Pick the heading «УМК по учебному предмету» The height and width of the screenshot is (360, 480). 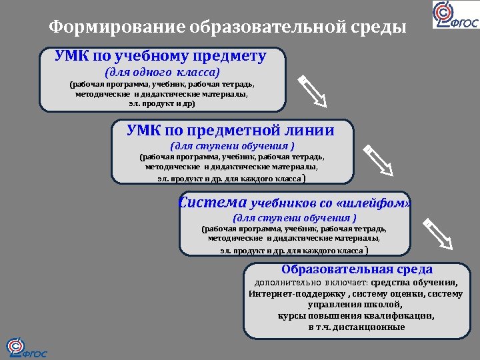tap(161, 57)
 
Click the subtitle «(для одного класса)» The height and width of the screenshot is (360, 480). tap(162, 72)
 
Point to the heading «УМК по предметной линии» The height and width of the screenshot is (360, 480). tap(231, 131)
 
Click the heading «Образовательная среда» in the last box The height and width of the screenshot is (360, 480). tap(357, 269)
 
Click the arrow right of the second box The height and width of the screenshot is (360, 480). tap(378, 160)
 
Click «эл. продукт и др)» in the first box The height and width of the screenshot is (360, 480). tap(161, 104)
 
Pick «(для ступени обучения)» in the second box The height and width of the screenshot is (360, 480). tap(232, 145)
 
